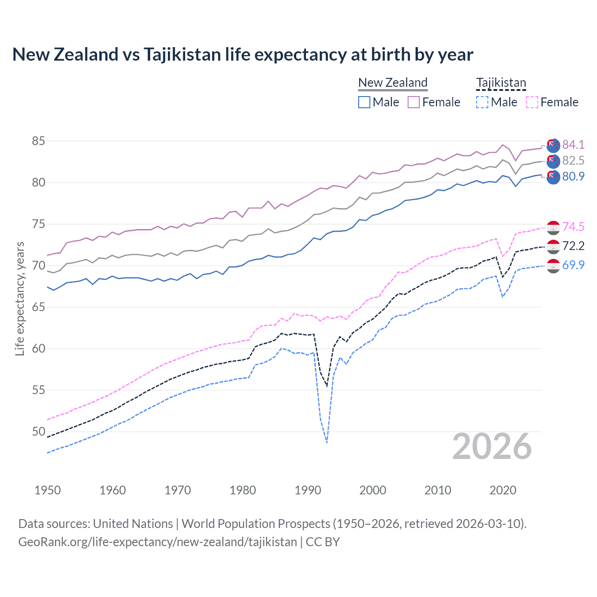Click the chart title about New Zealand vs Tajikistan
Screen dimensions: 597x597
(243, 55)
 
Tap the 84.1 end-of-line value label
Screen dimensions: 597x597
(573, 145)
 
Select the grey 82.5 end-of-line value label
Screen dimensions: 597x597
(573, 160)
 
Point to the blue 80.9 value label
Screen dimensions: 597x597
(573, 176)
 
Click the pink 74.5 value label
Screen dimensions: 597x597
(573, 227)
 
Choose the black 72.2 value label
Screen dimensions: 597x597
(573, 246)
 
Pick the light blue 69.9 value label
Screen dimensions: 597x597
(573, 265)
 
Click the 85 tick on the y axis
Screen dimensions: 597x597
(39, 141)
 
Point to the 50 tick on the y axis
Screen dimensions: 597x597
(39, 431)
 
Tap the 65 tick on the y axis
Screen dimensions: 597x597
(39, 307)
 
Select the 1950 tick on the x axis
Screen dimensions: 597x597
(48, 490)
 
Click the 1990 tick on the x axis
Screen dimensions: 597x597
(308, 490)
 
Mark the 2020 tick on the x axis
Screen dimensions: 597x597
(503, 490)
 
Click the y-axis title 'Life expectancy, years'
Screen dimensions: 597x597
(20, 298)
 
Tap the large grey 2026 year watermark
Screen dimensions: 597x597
(492, 446)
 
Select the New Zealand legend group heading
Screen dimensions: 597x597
(393, 83)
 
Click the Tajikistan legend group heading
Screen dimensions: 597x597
(501, 83)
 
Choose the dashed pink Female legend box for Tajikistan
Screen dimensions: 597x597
(532, 102)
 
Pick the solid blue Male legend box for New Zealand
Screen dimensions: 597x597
(364, 102)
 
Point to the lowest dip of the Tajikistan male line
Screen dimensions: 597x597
(327, 442)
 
